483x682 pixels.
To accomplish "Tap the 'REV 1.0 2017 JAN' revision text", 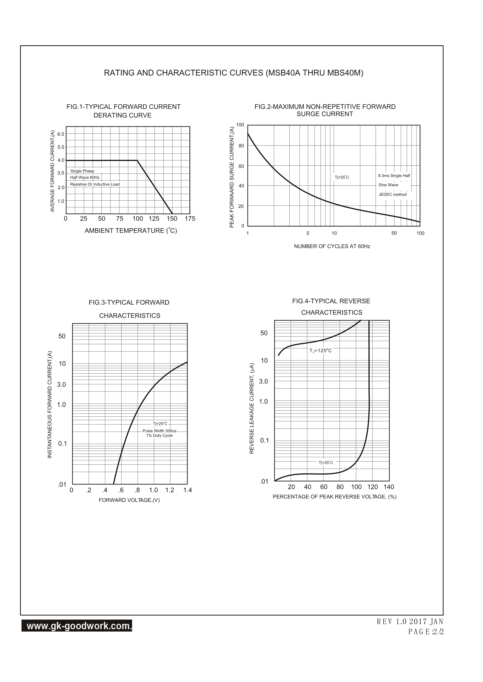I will pos(410,621).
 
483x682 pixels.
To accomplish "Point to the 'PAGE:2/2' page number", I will pos(426,631).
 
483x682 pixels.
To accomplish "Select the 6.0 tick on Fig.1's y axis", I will pos(61,134).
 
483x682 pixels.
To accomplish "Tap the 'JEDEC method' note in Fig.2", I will pos(392,195).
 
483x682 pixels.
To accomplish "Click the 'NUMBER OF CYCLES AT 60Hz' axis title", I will pos(332,246).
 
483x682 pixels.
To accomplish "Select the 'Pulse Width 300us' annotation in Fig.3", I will pos(160,431).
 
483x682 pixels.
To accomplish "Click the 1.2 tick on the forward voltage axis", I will pos(170,490).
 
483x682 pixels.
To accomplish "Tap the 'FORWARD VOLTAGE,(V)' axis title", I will pos(129,500).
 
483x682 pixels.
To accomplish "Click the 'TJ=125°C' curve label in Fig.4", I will pos(321,351).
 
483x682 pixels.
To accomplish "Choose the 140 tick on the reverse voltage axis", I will pos(389,487).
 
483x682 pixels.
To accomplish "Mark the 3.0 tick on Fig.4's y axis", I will pos(264,382).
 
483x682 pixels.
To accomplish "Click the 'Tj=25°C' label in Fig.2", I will pos(342,177).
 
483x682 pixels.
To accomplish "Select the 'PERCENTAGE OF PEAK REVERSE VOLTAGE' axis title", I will pos(334,497).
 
